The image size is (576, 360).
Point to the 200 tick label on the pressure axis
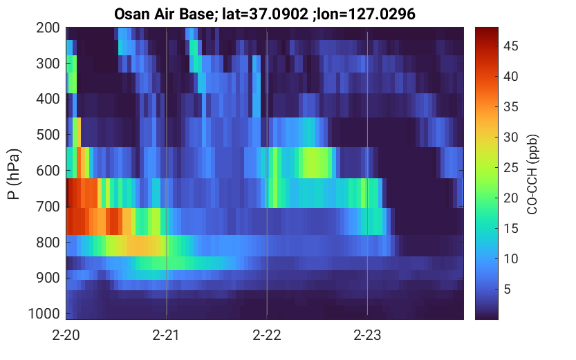tap(48, 28)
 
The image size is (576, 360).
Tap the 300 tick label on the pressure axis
tap(48, 64)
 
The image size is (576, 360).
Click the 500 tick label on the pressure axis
tap(48, 135)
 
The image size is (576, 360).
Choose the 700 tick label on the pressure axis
tap(48, 207)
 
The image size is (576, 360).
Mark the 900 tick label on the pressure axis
tap(48, 278)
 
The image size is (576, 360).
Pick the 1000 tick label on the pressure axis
tap(44, 314)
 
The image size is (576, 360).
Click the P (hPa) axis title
tap(14, 174)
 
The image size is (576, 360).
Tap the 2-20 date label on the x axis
tap(66, 335)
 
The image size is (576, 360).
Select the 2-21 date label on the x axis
tap(166, 335)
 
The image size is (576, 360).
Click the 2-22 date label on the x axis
tap(267, 335)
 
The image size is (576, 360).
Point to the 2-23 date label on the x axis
tap(367, 335)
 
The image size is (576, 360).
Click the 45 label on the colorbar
tap(510, 46)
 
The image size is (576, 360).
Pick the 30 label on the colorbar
tap(510, 138)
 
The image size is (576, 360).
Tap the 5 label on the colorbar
tap(508, 289)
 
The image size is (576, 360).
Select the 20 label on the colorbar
tap(510, 198)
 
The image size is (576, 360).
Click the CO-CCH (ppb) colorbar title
tap(532, 174)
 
